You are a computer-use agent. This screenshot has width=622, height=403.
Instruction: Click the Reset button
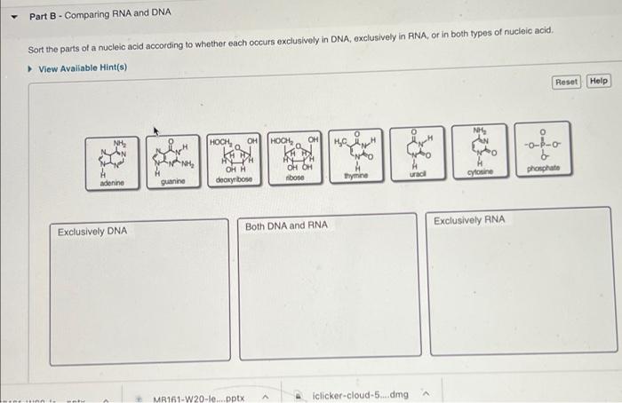pyautogui.click(x=565, y=82)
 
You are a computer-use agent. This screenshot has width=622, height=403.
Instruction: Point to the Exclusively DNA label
pyautogui.click(x=92, y=232)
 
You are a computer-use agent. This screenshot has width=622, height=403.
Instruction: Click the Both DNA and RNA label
pyautogui.click(x=286, y=225)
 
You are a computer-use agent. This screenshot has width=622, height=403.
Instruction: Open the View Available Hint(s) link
pyautogui.click(x=83, y=68)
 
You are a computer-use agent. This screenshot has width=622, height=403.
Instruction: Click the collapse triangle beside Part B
pyautogui.click(x=11, y=15)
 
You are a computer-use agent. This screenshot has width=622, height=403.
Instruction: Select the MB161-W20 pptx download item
pyautogui.click(x=199, y=396)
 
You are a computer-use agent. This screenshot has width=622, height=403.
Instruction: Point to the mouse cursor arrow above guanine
pyautogui.click(x=156, y=130)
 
